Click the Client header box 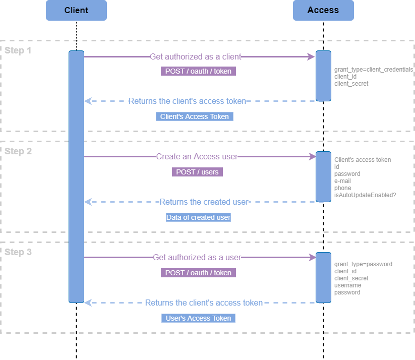pos(76,10)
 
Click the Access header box pos(323,10)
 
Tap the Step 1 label pos(18,50)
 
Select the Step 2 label pos(18,151)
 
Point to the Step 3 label pos(18,252)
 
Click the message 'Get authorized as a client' pos(196,56)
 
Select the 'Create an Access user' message pos(197,157)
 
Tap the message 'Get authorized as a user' pos(197,258)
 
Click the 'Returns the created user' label pos(204,202)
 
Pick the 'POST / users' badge pos(197,172)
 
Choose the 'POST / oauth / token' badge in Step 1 pos(198,71)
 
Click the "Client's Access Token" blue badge pos(195,116)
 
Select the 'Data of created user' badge pos(198,217)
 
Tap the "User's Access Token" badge pos(198,318)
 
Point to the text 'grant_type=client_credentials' pos(374,70)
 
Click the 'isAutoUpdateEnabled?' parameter pos(365,195)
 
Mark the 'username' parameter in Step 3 pos(347,285)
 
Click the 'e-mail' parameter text pos(342,181)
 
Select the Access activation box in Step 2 pos(323,176)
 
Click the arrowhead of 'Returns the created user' pos(87,202)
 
